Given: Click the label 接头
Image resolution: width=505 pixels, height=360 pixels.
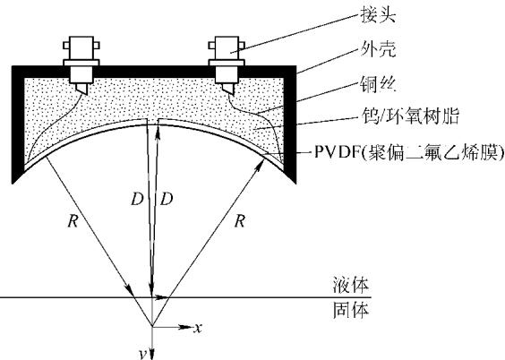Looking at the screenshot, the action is (x=378, y=15).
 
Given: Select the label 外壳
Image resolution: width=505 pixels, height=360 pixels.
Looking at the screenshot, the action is (x=378, y=49).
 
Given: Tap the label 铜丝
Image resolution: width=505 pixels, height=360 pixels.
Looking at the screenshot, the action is (x=378, y=84).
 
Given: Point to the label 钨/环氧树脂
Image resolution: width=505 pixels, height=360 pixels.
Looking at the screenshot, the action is (x=410, y=116).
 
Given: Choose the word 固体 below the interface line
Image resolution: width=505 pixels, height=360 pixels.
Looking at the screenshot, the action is (x=351, y=310).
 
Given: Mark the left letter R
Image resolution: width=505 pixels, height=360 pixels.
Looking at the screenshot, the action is (x=73, y=221).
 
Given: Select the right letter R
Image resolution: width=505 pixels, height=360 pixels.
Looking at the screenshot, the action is (x=240, y=221).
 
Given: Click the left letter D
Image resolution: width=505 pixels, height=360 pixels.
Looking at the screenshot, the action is (x=137, y=200).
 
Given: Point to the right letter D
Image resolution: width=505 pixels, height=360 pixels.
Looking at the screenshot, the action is (x=167, y=200).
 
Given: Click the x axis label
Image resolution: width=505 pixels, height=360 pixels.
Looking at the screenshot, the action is (x=198, y=328).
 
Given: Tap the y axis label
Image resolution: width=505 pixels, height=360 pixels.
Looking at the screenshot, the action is (x=143, y=355).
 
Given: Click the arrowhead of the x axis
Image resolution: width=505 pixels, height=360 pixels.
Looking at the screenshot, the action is (x=186, y=327).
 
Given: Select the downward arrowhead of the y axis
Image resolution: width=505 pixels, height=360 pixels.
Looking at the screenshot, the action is (x=152, y=354).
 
